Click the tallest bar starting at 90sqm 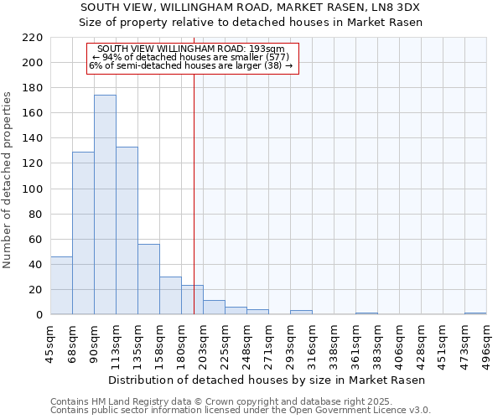pyautogui.click(x=105, y=205)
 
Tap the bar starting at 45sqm pyautogui.click(x=61, y=286)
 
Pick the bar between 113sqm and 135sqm pyautogui.click(x=127, y=230)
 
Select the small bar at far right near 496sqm pyautogui.click(x=475, y=313)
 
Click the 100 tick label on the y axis pyautogui.click(x=32, y=189)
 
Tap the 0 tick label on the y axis pyautogui.click(x=39, y=315)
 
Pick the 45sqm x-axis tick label pyautogui.click(x=50, y=344)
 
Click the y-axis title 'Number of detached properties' pyautogui.click(x=8, y=176)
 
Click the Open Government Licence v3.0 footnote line pyautogui.click(x=241, y=410)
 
